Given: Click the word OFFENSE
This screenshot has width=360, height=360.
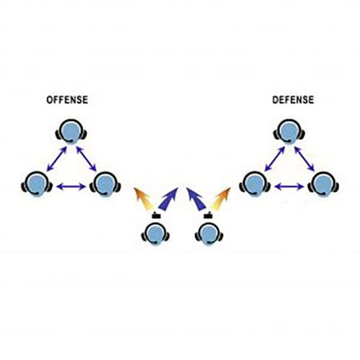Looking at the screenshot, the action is tap(67, 100).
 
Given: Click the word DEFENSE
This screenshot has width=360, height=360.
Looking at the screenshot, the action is tap(293, 100).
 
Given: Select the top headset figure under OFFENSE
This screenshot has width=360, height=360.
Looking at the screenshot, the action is tap(71, 132).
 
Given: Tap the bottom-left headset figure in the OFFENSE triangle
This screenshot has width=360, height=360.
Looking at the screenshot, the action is tap(37, 184).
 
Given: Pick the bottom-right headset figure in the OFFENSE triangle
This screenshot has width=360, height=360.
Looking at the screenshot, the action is tap(105, 184).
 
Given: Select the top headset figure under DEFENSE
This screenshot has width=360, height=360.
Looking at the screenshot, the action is tap(289, 132).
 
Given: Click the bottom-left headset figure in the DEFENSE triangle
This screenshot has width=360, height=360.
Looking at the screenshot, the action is tap(255, 184).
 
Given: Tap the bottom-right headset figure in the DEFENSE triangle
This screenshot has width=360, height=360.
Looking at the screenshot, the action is tap(323, 184).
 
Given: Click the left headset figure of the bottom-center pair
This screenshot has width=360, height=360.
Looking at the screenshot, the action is tap(156, 234).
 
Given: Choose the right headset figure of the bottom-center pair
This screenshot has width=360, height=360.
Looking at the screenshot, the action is tap(209, 234).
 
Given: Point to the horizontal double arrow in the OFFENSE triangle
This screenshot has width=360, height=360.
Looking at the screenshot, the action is tap(71, 186).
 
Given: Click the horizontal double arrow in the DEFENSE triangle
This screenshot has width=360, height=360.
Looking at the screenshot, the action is tap(289, 186).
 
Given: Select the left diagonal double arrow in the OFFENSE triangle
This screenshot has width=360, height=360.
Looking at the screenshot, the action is tap(57, 159).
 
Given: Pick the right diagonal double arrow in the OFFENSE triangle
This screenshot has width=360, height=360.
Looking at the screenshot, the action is tap(86, 159).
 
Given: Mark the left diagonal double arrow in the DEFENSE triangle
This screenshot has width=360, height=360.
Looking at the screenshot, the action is tap(275, 159).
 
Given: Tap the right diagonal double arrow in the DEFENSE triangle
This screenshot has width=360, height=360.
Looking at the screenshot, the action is tap(305, 159).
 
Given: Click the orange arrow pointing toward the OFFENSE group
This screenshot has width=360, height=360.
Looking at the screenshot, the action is tap(143, 199).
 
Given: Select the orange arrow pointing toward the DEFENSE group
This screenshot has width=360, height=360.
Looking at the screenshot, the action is tap(221, 199).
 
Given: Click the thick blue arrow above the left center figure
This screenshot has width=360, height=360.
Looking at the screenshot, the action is tap(168, 199).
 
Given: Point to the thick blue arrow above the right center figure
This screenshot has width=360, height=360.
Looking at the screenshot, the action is tap(196, 199).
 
